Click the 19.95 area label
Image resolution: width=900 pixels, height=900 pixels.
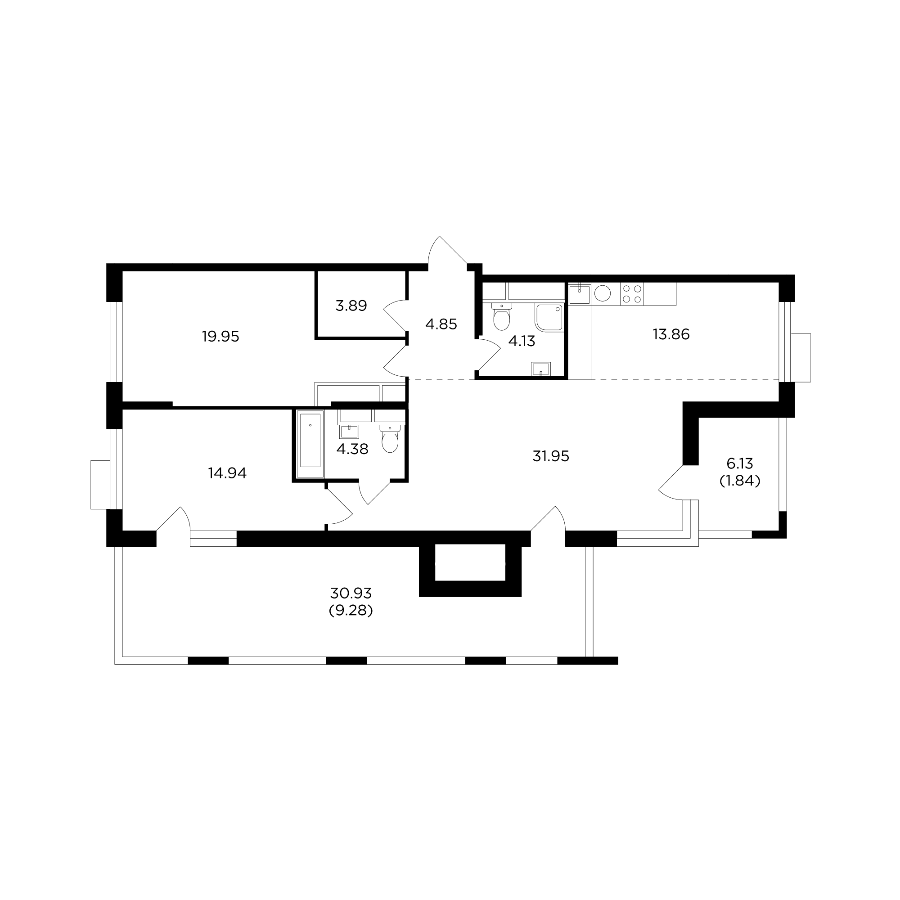(220, 336)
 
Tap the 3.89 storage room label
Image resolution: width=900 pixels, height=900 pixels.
(351, 306)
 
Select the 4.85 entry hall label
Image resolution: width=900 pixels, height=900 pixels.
(441, 324)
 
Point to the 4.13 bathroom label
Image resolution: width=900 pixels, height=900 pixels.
(522, 342)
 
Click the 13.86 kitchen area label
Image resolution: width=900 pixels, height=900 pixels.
(671, 334)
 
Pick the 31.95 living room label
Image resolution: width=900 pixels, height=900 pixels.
(551, 456)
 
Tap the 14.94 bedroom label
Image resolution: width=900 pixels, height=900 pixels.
(227, 473)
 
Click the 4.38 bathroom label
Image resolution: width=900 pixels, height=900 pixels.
(352, 449)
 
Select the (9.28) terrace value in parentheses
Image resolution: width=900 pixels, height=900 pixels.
(351, 610)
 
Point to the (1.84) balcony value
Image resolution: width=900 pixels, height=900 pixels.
(740, 480)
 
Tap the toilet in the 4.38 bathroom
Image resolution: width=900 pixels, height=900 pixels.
(390, 439)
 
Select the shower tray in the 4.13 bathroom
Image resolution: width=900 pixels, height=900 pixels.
(549, 317)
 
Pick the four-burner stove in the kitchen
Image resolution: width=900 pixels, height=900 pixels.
(632, 294)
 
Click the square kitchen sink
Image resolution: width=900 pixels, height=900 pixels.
(580, 295)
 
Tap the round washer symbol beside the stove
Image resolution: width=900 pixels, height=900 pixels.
(603, 293)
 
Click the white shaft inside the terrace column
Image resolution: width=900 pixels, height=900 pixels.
(470, 562)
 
